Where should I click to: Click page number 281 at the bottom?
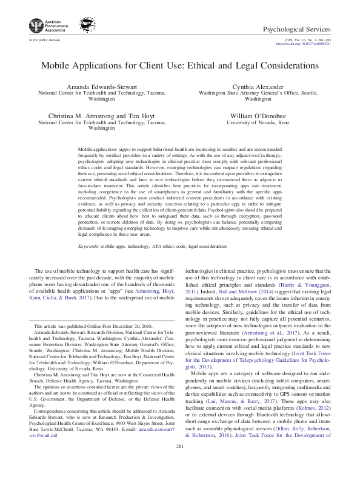point(179,463)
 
